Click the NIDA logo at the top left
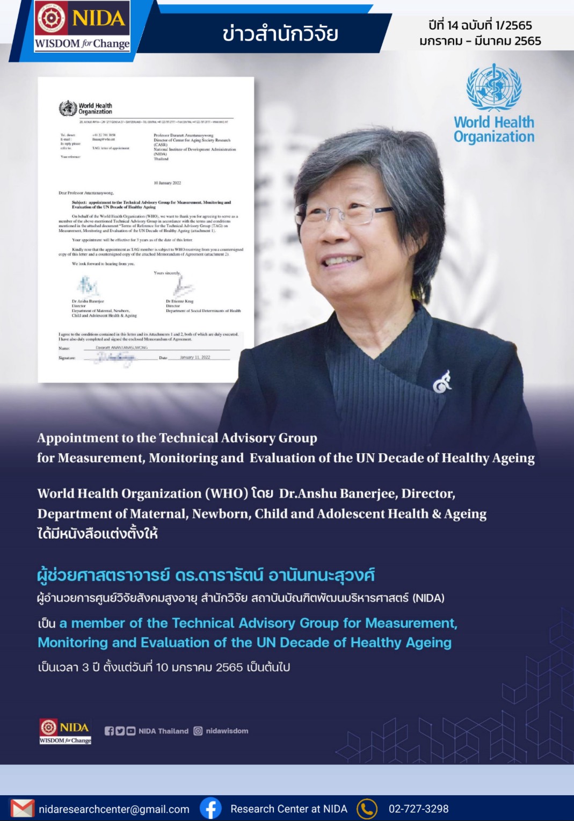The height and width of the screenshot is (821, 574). (x=82, y=26)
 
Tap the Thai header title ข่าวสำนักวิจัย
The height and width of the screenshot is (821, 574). (x=280, y=34)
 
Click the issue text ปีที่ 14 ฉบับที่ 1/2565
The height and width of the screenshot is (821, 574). (x=480, y=25)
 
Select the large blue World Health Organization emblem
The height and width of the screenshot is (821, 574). (x=494, y=88)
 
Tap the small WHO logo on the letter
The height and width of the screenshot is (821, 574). (x=68, y=108)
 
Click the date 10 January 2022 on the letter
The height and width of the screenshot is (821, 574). (x=168, y=183)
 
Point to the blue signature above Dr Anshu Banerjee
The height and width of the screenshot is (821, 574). (x=88, y=286)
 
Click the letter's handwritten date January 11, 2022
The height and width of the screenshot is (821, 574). (x=195, y=357)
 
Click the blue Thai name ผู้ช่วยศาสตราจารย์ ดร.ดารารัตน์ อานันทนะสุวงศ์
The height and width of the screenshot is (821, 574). (x=206, y=576)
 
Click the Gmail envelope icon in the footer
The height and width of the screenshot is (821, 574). (x=22, y=809)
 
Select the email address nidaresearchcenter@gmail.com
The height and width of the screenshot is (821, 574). (x=114, y=809)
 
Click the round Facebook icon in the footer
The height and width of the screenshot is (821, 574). (x=210, y=808)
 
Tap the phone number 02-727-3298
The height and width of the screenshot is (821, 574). (x=418, y=809)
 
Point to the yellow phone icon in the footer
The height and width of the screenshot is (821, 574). (x=367, y=809)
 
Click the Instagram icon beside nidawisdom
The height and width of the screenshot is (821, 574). (x=198, y=731)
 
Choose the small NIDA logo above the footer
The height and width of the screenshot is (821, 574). (x=65, y=731)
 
